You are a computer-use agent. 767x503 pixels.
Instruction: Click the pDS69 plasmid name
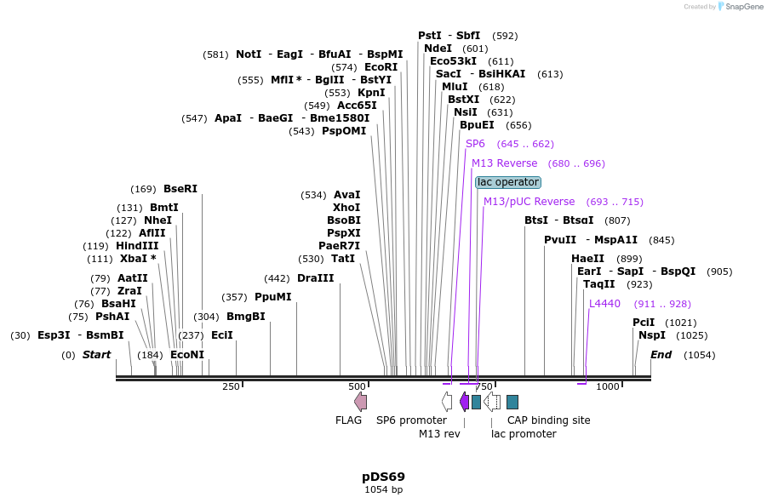383,477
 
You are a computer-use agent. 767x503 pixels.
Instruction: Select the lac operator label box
508,182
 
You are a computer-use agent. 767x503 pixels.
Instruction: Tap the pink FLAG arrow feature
361,402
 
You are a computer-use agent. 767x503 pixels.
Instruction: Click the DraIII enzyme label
315,278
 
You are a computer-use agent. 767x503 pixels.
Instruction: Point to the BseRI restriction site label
180,189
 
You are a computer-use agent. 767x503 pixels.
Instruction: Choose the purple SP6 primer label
475,144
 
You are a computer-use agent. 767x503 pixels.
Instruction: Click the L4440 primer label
604,304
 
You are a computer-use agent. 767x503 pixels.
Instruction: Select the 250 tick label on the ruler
231,387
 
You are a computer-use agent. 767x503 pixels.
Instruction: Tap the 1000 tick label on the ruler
607,387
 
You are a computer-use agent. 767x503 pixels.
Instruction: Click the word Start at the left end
96,355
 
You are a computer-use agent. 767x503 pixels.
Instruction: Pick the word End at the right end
661,355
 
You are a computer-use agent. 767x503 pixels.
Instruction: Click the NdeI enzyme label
438,49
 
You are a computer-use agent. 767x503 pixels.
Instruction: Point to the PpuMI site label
272,297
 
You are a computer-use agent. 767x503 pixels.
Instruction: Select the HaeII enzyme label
587,259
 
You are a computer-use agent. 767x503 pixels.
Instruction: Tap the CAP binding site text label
548,420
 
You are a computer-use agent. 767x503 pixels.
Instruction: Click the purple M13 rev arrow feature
464,402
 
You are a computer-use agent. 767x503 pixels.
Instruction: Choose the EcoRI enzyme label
381,67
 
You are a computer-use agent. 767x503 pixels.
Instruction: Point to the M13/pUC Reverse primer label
529,202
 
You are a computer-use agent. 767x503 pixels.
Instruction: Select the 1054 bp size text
383,490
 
